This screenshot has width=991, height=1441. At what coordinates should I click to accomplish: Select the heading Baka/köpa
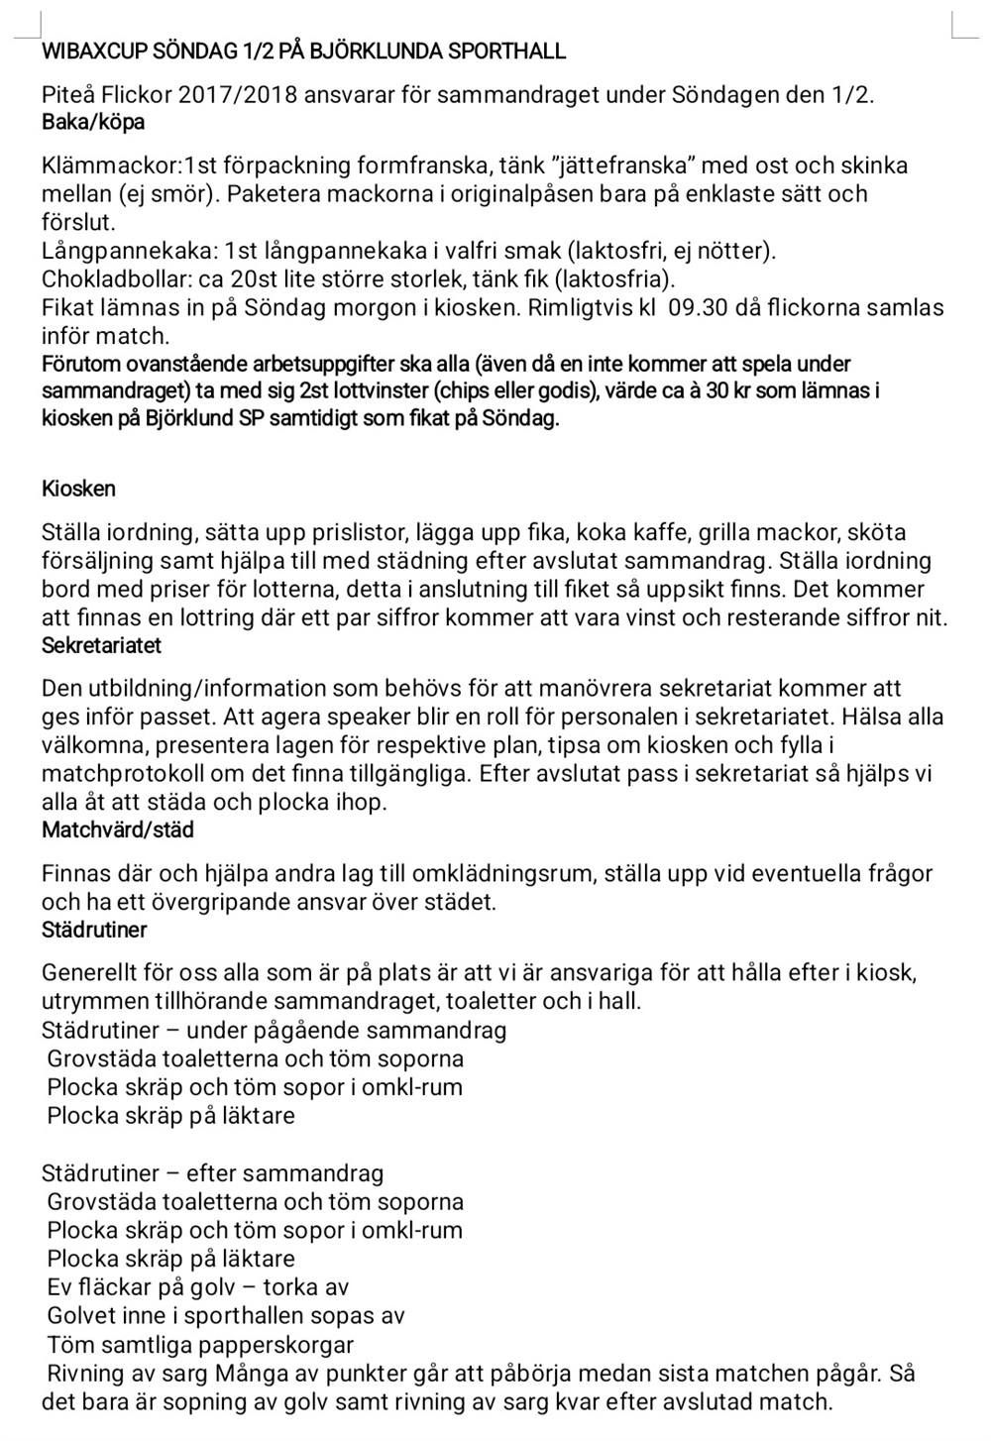[x=93, y=122]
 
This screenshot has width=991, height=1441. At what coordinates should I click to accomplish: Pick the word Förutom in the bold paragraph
[x=79, y=364]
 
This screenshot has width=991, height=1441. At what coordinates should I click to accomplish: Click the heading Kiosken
[x=78, y=489]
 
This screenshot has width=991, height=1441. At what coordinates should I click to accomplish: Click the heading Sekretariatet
[x=101, y=645]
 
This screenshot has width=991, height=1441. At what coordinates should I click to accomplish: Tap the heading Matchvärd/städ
[x=117, y=830]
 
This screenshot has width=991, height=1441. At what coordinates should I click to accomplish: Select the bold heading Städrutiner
[x=94, y=930]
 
